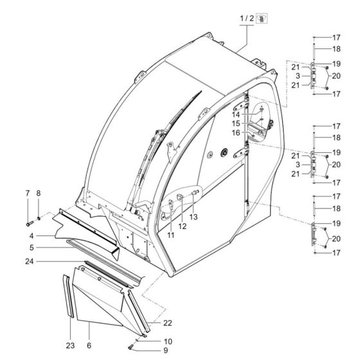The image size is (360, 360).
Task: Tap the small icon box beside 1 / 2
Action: point(262,19)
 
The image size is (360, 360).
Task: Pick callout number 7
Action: point(27,194)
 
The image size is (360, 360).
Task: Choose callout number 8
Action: point(39,194)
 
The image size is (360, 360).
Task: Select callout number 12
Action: point(182,226)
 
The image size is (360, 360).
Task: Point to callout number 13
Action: point(193,217)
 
